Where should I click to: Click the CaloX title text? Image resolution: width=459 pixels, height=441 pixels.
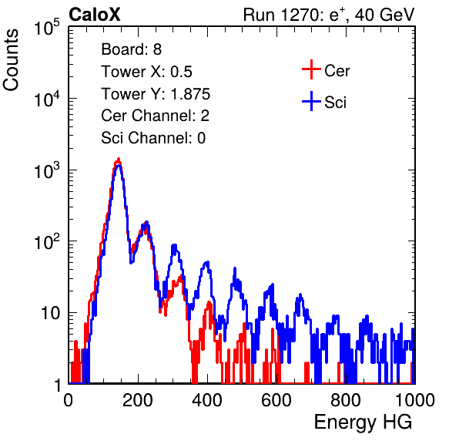[x=95, y=15]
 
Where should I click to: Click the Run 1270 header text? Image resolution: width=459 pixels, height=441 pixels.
[x=329, y=15]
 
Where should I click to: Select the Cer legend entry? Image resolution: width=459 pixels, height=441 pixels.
[x=326, y=70]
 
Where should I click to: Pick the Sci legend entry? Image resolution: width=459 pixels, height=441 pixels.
[x=324, y=102]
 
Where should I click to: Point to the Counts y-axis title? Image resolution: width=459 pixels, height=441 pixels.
[x=11, y=60]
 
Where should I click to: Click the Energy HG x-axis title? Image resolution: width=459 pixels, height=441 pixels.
[x=363, y=422]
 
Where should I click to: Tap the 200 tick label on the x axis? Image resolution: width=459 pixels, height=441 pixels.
[x=138, y=399]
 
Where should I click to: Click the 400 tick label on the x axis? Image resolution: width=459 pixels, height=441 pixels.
[x=207, y=399]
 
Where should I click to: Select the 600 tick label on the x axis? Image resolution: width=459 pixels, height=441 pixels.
[x=276, y=399]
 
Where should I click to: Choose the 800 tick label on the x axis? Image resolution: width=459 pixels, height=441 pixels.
[x=346, y=399]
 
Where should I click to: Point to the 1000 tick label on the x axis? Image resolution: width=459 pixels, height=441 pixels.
[x=415, y=399]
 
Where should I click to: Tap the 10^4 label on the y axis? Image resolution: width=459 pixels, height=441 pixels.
[x=47, y=99]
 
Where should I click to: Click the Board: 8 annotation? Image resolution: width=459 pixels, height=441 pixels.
[x=131, y=49]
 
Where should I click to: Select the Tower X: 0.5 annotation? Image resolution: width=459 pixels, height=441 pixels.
[x=146, y=72]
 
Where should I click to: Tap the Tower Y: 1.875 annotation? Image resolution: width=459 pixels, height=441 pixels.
[x=156, y=94]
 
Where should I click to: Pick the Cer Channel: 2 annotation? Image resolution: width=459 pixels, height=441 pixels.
[x=155, y=116]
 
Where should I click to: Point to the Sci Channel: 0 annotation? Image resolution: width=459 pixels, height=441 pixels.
[x=153, y=138]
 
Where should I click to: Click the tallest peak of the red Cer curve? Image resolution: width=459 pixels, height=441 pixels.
[x=119, y=159]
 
